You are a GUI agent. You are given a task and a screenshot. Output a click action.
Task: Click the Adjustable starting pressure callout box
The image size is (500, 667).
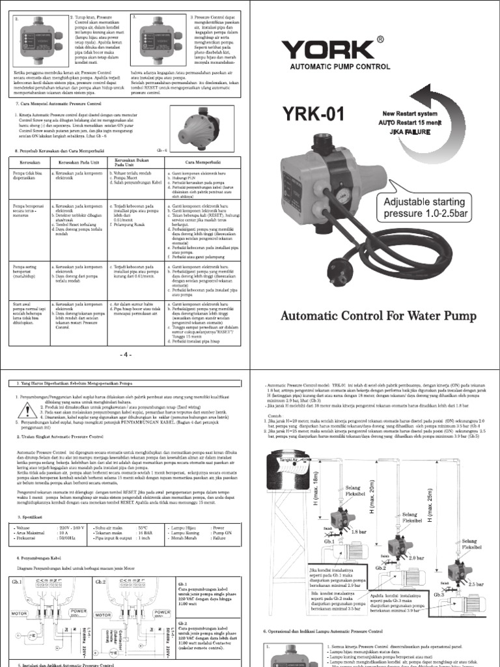424,207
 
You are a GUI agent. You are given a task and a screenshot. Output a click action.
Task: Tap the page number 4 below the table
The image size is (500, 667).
125,354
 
